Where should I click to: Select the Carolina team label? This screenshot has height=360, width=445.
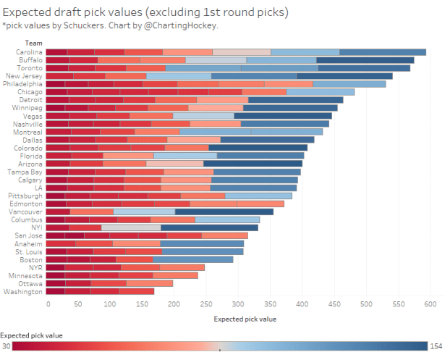coord(30,52)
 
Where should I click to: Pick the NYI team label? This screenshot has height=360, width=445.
coord(36,227)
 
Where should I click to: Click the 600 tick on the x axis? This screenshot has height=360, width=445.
coord(430,304)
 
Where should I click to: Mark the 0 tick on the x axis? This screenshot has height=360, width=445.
coord(48,304)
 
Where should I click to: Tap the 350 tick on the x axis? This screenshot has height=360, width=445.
coord(271,304)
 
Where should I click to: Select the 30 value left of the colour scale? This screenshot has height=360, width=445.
coord(6,346)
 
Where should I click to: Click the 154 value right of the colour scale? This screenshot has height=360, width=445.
coord(436,346)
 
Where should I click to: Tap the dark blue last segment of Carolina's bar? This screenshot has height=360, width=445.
coord(383,52)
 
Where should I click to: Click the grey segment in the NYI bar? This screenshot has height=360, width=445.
coord(131,227)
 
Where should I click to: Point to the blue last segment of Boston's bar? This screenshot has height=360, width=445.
coord(193,259)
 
